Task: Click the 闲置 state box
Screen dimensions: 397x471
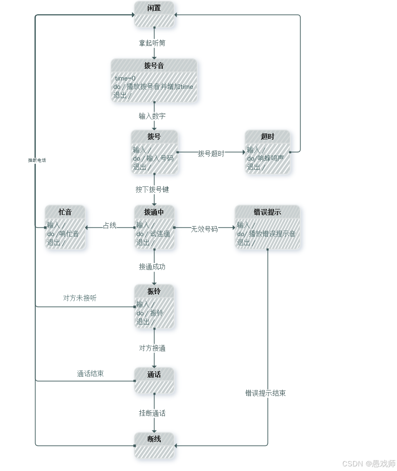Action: coord(154,14)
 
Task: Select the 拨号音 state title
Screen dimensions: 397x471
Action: coord(154,65)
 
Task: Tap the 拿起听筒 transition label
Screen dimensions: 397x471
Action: coord(154,43)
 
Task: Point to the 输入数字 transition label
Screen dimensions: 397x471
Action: coord(152,116)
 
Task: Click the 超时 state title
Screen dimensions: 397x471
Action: coord(268,136)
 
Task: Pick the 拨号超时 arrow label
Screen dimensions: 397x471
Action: coord(211,154)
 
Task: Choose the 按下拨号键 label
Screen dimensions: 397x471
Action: coord(152,189)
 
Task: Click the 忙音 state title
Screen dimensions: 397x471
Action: coord(65,212)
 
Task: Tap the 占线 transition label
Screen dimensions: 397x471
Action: coord(110,226)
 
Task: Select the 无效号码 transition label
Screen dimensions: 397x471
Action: coord(205,229)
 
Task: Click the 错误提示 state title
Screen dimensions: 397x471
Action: coord(268,212)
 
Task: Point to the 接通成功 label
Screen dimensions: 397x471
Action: coord(152,267)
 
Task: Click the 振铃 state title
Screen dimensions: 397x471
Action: coord(154,291)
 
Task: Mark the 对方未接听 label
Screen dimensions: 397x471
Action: coord(80,298)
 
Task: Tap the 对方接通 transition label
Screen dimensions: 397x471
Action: coord(152,348)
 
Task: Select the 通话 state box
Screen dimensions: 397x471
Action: coord(154,380)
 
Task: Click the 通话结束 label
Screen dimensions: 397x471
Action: coord(90,374)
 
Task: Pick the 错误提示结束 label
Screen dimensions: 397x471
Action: coord(266,393)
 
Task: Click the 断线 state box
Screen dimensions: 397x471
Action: coord(154,445)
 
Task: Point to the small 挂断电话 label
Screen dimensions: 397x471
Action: coord(37,160)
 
